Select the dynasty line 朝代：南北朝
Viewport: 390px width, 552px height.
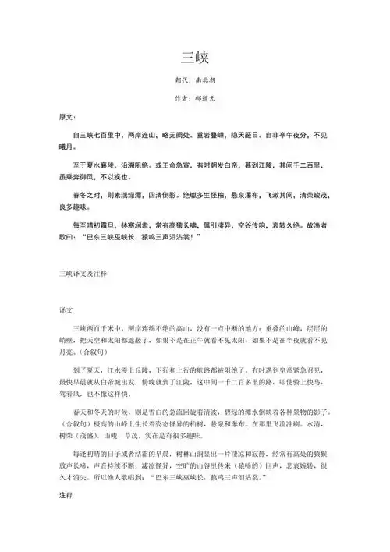(x=194, y=80)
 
